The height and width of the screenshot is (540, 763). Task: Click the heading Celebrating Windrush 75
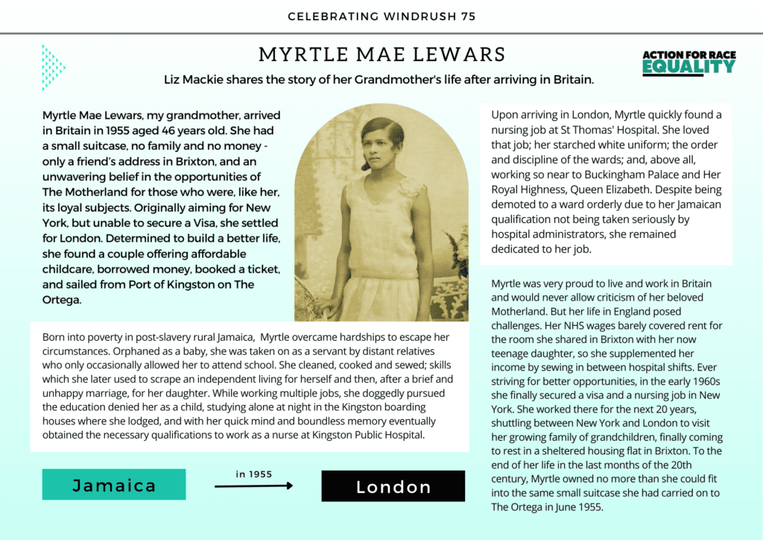point(381,16)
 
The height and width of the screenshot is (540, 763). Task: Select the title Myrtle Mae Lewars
point(381,55)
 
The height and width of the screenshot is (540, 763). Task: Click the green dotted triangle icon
point(53,68)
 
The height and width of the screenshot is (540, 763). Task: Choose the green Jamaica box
point(114,486)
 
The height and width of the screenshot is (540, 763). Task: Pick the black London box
point(393,486)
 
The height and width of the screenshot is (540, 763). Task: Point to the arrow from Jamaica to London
point(253,486)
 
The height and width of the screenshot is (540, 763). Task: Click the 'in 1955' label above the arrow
point(253,474)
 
